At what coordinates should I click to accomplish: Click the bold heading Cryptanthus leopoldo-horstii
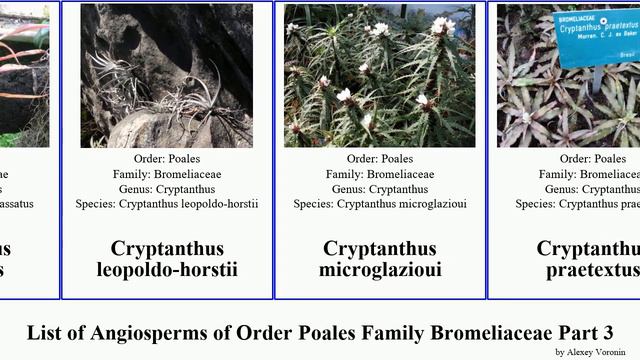click(167, 259)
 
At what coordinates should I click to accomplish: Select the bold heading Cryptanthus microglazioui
click(380, 259)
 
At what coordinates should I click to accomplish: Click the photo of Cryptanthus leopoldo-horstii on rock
click(167, 75)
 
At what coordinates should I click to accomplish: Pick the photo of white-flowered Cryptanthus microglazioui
click(380, 75)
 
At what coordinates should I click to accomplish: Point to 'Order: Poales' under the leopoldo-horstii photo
click(167, 158)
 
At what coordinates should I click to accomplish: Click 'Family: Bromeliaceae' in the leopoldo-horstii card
click(167, 173)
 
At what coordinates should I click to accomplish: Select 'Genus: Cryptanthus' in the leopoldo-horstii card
click(167, 188)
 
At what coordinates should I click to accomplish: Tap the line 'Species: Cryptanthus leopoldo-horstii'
click(167, 204)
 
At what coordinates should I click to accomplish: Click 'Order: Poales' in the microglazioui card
click(380, 158)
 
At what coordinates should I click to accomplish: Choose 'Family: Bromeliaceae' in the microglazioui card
click(380, 173)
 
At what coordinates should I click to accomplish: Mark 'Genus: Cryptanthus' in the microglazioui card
click(380, 188)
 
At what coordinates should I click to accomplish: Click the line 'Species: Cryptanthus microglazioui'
click(380, 204)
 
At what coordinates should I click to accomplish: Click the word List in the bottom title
click(45, 332)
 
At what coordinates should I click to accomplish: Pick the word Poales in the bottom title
click(328, 332)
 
